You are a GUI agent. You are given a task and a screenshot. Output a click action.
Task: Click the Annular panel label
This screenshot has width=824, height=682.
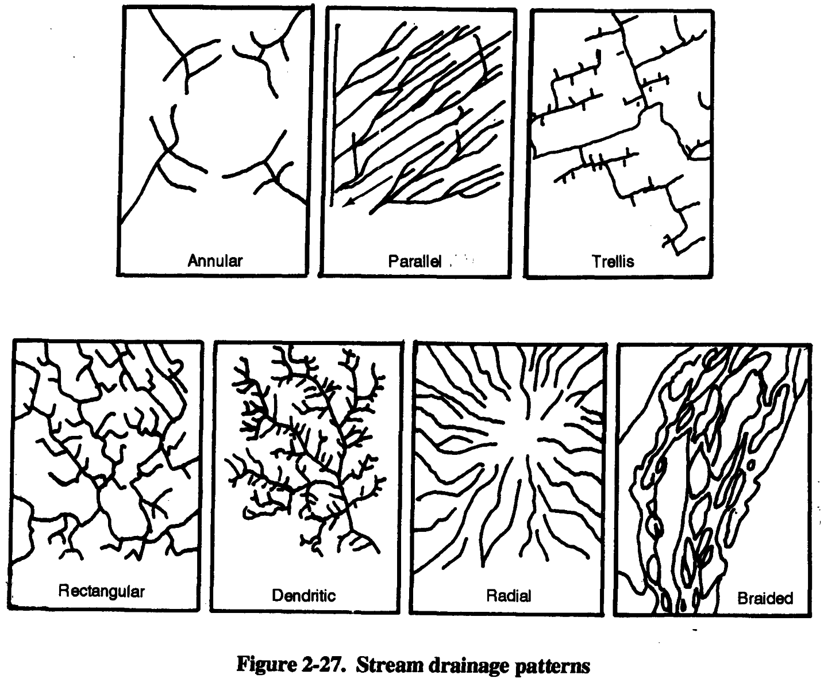click(x=215, y=260)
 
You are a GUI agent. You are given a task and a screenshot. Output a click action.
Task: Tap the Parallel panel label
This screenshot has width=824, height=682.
click(x=414, y=261)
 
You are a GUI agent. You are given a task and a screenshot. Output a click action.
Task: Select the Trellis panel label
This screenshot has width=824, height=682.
click(x=613, y=262)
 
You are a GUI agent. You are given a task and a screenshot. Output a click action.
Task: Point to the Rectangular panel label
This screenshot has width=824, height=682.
click(x=102, y=592)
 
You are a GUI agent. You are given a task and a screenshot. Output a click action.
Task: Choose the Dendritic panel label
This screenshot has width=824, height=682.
click(x=303, y=595)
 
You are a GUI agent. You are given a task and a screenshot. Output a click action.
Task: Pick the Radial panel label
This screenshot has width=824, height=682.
click(x=509, y=595)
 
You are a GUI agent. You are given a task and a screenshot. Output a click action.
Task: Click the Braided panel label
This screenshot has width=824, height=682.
click(x=765, y=598)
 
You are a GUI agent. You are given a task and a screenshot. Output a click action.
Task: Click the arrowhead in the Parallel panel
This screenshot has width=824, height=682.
click(x=346, y=203)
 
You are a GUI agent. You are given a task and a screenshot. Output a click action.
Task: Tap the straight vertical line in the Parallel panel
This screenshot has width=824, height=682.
click(x=334, y=115)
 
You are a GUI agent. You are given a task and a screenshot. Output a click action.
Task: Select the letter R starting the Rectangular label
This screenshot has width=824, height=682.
click(x=64, y=591)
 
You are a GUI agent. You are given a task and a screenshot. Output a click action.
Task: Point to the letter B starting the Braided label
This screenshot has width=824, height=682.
click(x=742, y=598)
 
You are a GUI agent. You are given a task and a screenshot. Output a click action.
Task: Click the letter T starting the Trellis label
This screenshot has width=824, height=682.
click(x=596, y=262)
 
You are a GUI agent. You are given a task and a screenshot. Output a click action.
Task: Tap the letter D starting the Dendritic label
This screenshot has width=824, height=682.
click(x=278, y=595)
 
